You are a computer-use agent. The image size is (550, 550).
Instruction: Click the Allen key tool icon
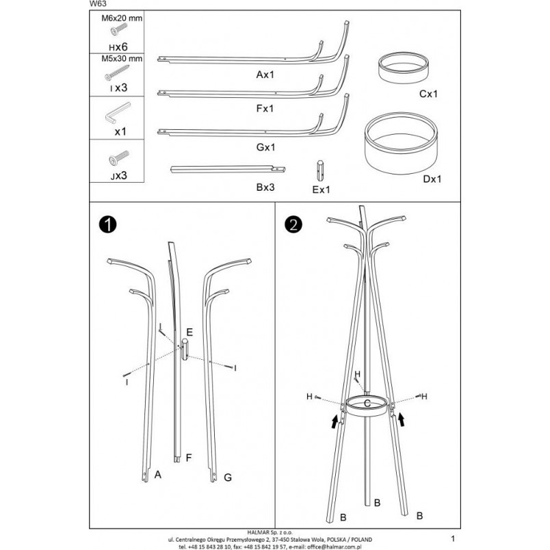(117, 113)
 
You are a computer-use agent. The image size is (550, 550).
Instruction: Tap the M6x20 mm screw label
(122, 18)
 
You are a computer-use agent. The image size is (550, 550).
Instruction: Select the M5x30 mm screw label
(122, 59)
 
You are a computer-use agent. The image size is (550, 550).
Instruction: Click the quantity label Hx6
(118, 47)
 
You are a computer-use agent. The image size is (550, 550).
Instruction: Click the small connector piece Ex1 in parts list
(320, 170)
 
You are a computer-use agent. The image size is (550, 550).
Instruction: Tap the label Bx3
(265, 187)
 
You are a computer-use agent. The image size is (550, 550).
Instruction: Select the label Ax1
(265, 75)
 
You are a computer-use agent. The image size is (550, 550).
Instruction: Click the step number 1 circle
(107, 224)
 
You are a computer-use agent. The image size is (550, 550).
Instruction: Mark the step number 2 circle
(293, 224)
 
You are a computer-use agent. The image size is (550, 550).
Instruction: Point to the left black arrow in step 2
(335, 421)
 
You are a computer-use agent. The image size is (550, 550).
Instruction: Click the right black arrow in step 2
(401, 419)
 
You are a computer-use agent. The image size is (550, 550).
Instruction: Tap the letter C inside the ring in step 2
(367, 404)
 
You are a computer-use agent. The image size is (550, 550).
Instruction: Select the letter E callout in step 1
(189, 332)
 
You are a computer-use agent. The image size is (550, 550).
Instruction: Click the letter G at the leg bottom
(228, 477)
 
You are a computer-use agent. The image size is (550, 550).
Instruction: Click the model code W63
(98, 4)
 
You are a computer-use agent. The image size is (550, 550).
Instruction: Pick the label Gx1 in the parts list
(265, 147)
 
